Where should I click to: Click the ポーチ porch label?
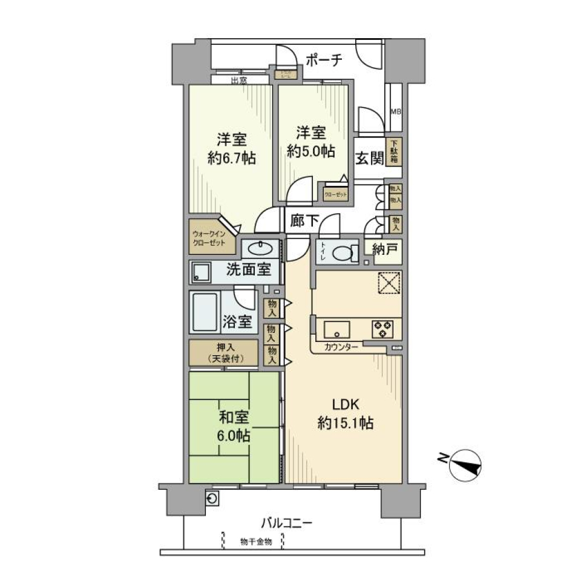[x=324, y=60]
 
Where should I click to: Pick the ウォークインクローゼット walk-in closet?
[x=209, y=237]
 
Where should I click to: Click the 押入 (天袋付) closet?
[x=223, y=353]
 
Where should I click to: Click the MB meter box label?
[x=395, y=112]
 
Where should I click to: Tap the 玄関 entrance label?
[x=369, y=159]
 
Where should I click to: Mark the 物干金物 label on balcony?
[x=255, y=541]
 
